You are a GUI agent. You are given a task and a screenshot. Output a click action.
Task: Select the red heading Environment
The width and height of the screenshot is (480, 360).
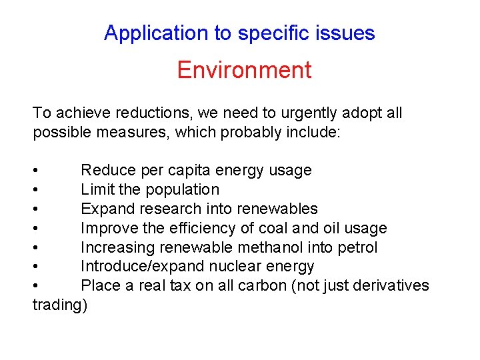tap(244, 70)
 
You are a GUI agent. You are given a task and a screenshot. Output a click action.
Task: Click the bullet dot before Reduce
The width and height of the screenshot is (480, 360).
tap(36, 171)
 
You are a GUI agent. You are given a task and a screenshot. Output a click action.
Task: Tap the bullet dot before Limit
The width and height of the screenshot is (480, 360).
tap(36, 190)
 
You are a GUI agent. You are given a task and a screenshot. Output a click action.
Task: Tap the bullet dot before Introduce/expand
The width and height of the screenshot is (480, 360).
tap(36, 267)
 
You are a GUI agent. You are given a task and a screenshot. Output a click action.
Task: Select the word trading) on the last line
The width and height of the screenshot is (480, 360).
tap(60, 305)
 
